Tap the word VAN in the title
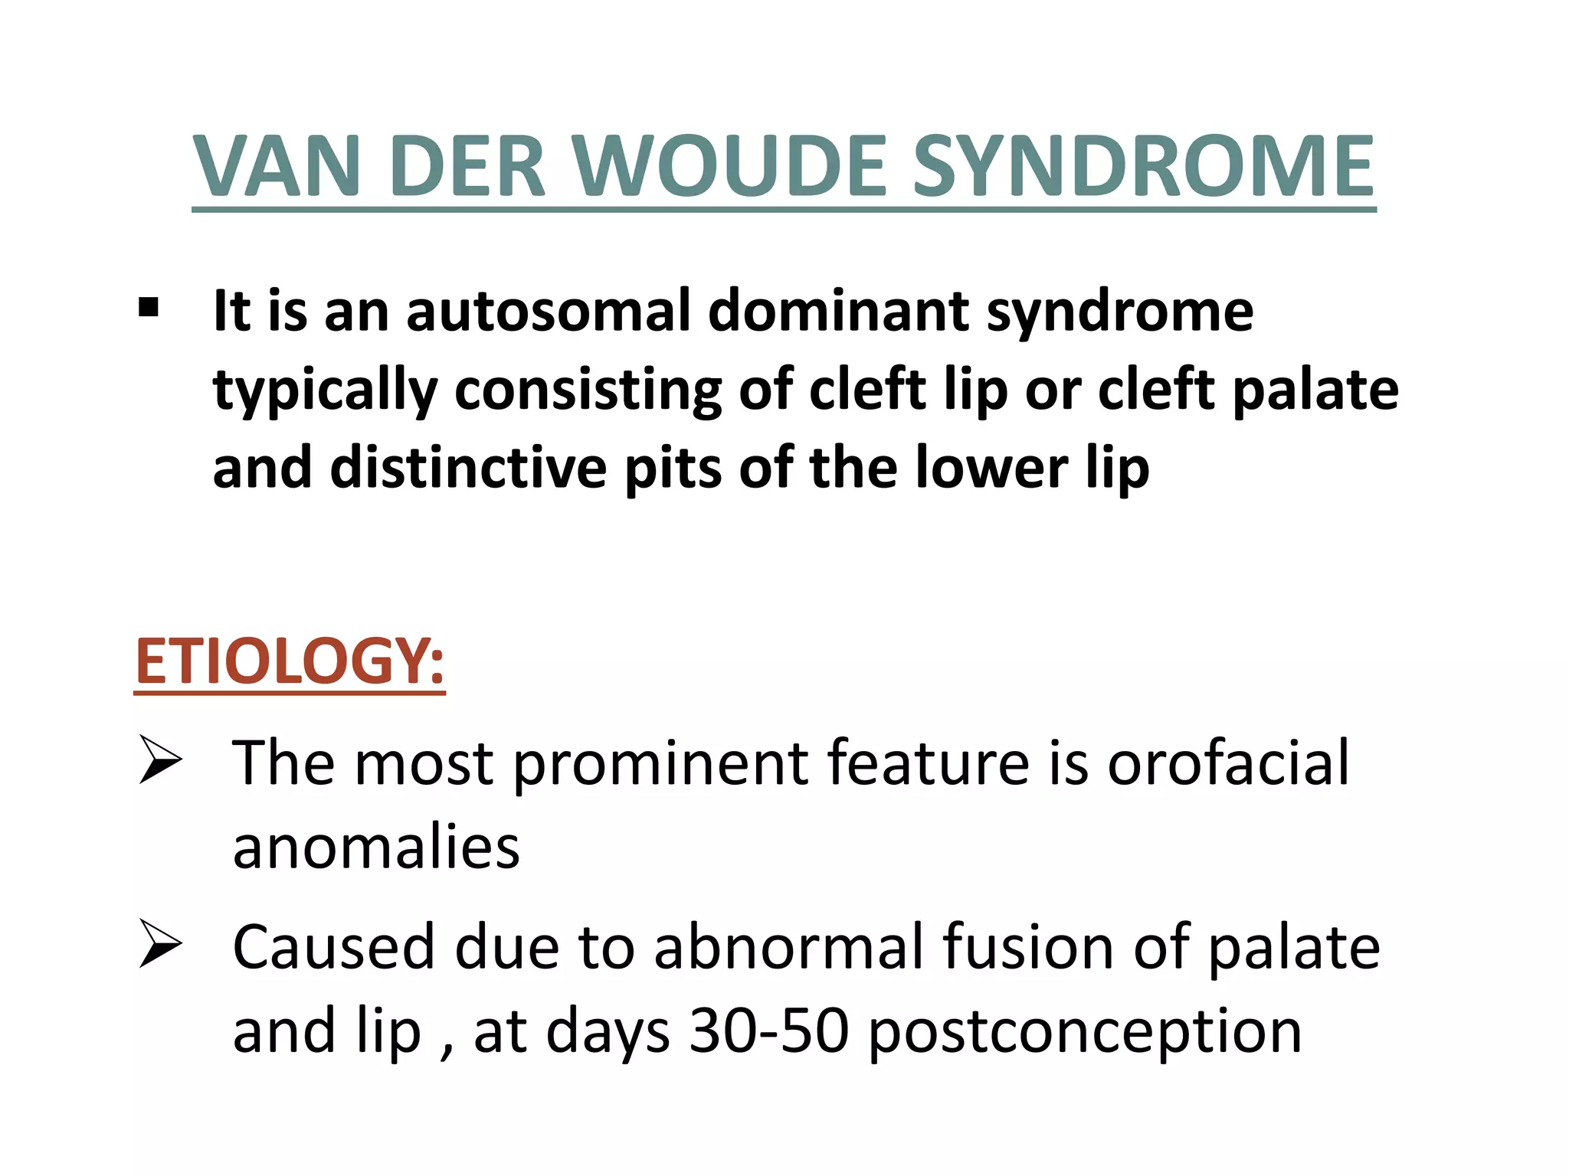click(x=277, y=166)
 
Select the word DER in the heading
click(x=467, y=166)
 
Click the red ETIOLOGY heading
click(x=289, y=661)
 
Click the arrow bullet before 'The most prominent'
click(x=160, y=759)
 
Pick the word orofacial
click(x=1228, y=763)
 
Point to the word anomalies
click(x=376, y=848)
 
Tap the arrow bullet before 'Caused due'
click(x=160, y=944)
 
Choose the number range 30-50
click(x=768, y=1031)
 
